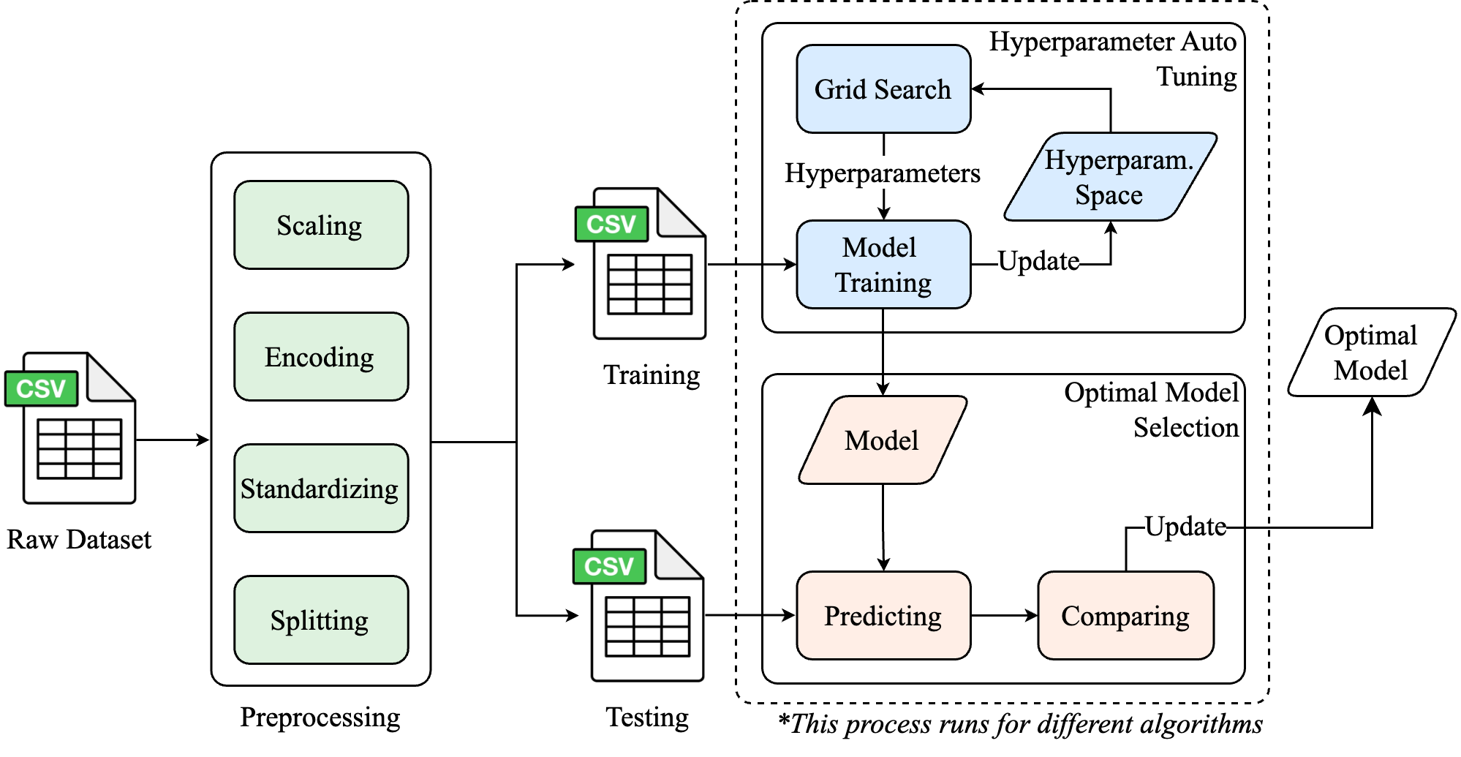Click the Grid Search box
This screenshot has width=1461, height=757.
(883, 89)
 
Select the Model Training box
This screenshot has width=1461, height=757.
(883, 265)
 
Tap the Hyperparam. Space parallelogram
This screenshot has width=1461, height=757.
(1110, 177)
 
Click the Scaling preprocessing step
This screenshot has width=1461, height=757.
(320, 225)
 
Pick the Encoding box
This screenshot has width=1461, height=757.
(320, 357)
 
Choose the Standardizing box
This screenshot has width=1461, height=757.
(320, 489)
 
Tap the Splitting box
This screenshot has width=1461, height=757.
(320, 620)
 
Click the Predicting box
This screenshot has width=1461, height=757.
(883, 616)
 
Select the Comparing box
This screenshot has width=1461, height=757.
(1125, 616)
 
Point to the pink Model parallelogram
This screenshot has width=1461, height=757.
(882, 440)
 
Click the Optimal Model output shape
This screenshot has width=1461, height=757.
(1371, 353)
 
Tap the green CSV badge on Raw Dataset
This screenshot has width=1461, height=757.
(41, 388)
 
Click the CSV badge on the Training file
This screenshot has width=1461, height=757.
(611, 224)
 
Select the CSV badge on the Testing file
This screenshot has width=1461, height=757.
(609, 566)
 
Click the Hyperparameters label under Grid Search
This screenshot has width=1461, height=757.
(882, 173)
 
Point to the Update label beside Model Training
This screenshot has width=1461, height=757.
(1038, 261)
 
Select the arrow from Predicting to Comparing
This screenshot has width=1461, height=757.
(1004, 616)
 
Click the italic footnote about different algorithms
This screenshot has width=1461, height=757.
(1021, 724)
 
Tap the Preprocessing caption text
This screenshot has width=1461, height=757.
(320, 718)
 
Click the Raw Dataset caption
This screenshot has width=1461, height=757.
(79, 540)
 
